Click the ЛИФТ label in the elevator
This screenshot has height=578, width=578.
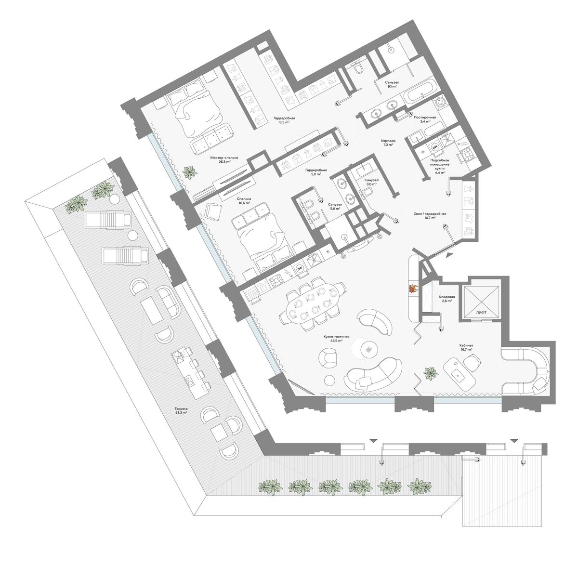[x=481, y=312]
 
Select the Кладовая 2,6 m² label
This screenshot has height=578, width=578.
[x=445, y=299]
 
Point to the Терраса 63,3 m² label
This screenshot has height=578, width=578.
[x=181, y=410]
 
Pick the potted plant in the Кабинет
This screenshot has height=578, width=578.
[x=431, y=373]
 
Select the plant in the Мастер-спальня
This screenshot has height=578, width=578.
[x=190, y=172]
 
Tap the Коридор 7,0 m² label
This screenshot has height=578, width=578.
[x=388, y=143]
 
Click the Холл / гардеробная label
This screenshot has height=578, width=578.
[x=431, y=214]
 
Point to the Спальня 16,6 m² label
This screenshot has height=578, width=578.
[x=244, y=201]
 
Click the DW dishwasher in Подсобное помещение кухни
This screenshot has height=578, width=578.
[x=434, y=147]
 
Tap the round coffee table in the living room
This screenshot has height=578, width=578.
[x=368, y=349]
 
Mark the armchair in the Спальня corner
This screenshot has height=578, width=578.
[x=213, y=211]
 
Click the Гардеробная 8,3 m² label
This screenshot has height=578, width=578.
[x=284, y=120]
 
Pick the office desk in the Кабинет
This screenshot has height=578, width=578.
[x=459, y=373]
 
